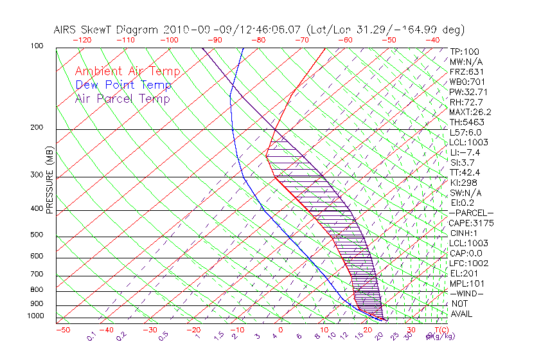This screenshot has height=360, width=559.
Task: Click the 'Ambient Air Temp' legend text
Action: pyautogui.click(x=127, y=71)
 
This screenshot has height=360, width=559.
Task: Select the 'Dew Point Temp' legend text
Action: pyautogui.click(x=123, y=85)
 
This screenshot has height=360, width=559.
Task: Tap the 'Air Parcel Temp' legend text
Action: pyautogui.click(x=122, y=98)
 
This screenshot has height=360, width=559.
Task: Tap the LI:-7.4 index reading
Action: pyautogui.click(x=465, y=152)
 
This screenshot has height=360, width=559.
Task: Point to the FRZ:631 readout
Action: pyautogui.click(x=465, y=72)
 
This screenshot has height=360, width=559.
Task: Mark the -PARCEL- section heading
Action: pyautogui.click(x=471, y=213)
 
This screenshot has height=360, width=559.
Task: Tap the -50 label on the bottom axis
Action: pyautogui.click(x=62, y=330)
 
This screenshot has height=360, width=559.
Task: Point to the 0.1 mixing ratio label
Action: pyautogui.click(x=92, y=336)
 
